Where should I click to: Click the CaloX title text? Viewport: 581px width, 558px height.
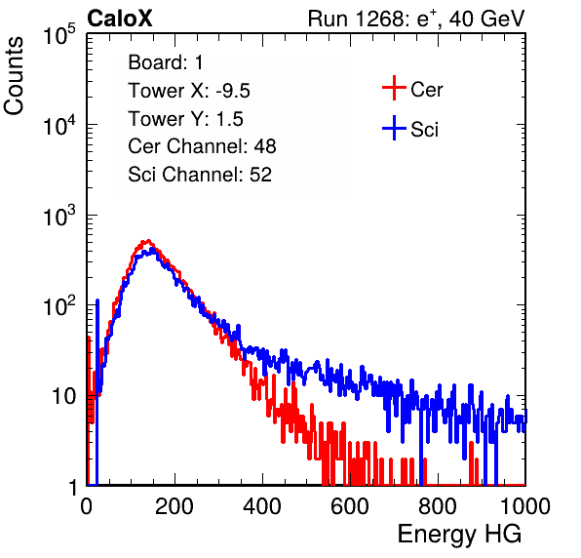tap(119, 19)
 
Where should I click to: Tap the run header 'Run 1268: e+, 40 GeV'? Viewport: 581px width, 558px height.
tap(416, 19)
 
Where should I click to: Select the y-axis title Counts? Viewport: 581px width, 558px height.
tap(14, 76)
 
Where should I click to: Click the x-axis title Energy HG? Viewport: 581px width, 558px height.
tap(459, 535)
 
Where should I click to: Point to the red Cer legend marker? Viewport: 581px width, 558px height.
tap(394, 88)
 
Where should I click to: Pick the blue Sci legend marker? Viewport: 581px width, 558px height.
tap(394, 128)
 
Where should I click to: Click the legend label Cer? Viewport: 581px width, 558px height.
tap(426, 90)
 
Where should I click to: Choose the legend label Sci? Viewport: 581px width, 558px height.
tap(424, 130)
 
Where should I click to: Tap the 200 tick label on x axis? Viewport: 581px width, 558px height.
tap(174, 506)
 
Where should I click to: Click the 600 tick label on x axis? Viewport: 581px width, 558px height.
tap(350, 506)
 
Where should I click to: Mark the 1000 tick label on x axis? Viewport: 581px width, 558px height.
tap(525, 506)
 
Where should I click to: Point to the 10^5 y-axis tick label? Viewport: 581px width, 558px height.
tap(59, 34)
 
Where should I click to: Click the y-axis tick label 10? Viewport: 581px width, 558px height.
tap(64, 397)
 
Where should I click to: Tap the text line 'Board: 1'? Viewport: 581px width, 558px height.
tap(166, 62)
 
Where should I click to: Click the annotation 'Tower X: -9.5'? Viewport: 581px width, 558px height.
tap(189, 91)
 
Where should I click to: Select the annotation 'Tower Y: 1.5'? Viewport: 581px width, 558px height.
tap(185, 119)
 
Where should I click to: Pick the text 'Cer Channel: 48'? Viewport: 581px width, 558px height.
tap(202, 146)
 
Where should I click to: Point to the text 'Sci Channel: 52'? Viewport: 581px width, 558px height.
tap(200, 175)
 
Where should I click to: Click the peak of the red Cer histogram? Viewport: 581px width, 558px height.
tap(148, 241)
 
